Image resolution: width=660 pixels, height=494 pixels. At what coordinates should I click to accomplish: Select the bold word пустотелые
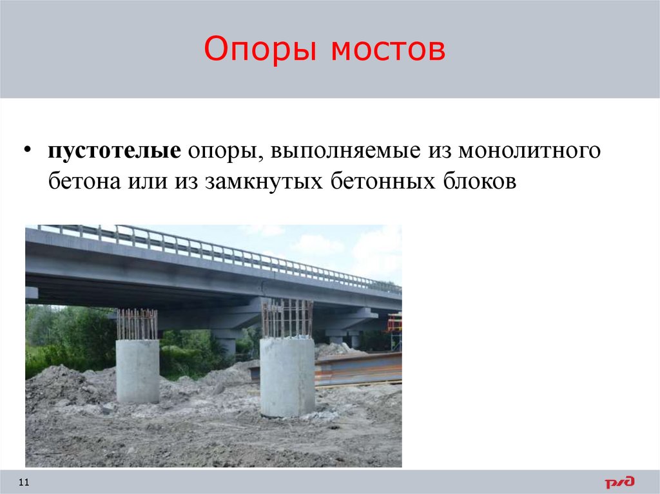click(x=113, y=153)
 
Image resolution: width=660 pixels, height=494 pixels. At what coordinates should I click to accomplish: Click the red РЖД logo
click(x=619, y=482)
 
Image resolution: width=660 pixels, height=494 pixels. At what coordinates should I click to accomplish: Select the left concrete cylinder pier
click(x=137, y=372)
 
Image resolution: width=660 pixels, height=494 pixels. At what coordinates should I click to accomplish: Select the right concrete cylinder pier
click(x=287, y=377)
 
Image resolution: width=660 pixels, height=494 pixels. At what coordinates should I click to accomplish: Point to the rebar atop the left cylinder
click(x=137, y=324)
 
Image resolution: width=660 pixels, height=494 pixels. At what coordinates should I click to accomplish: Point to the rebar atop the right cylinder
click(x=287, y=318)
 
